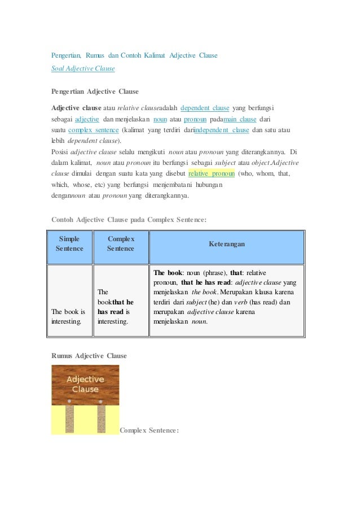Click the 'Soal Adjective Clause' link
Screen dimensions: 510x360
pos(83,68)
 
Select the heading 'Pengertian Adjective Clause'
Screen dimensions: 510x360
pos(95,91)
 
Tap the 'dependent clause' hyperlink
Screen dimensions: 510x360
pos(204,108)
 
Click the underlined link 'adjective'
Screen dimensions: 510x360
pos(87,119)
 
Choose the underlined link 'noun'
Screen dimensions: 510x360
pos(160,119)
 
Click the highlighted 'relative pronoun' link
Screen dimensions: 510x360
pos(212,173)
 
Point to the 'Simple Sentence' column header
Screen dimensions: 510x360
pos(69,243)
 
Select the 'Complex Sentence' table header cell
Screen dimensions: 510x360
pos(120,243)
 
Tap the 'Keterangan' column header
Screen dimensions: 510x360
pos(227,244)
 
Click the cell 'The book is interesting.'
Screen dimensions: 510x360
pos(68,316)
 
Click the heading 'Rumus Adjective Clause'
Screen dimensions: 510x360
pos(89,356)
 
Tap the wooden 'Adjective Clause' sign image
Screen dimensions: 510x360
pos(85,385)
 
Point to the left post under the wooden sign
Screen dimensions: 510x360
pos(69,419)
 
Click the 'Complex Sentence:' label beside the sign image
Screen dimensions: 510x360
pos(149,430)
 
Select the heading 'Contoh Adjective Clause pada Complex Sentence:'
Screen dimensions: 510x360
pos(129,219)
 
